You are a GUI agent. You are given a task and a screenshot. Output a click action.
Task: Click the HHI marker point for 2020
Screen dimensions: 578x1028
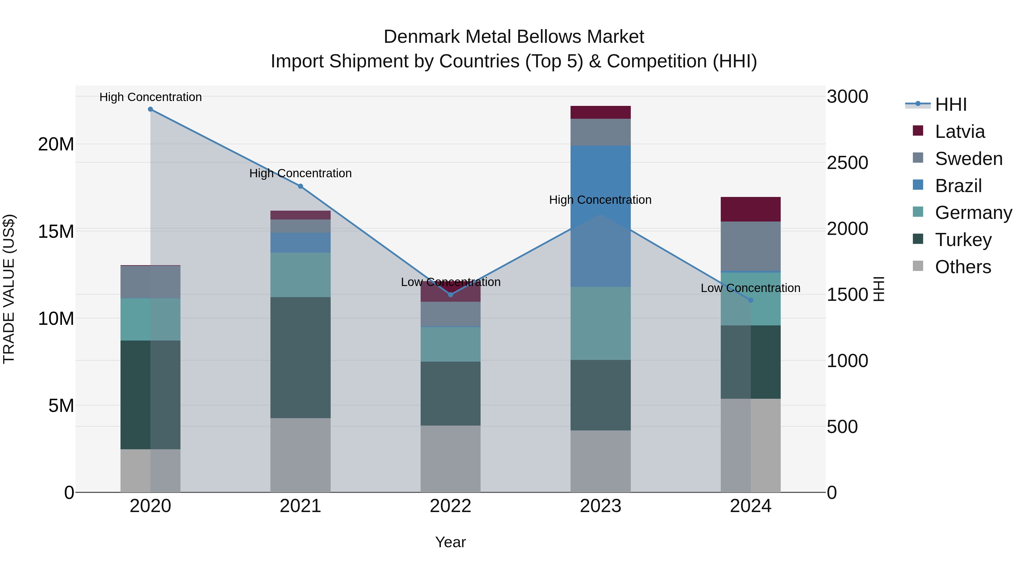click(x=150, y=109)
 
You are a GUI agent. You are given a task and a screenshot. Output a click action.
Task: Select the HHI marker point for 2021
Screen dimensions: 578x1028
click(x=300, y=186)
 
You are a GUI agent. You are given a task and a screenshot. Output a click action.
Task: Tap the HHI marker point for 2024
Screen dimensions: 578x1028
click(x=751, y=300)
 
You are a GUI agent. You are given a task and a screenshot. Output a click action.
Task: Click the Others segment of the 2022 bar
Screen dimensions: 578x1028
click(x=451, y=459)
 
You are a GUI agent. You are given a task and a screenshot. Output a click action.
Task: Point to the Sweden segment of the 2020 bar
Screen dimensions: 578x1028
click(x=150, y=282)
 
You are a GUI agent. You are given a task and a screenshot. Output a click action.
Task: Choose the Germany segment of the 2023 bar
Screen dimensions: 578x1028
click(x=601, y=323)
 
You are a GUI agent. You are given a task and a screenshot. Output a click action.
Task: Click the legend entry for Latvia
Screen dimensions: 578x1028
click(x=960, y=132)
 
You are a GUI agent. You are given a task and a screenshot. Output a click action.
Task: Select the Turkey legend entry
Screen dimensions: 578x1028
click(x=963, y=240)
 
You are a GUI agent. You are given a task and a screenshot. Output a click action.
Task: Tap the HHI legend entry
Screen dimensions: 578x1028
click(x=951, y=104)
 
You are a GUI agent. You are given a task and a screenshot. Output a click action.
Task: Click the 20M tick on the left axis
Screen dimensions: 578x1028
click(x=56, y=144)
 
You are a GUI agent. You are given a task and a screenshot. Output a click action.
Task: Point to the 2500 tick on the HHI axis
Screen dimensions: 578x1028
click(x=847, y=163)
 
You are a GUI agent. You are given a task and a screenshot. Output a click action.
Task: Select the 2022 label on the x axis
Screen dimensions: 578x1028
click(x=451, y=506)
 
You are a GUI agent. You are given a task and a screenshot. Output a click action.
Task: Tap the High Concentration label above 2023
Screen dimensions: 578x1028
click(x=600, y=200)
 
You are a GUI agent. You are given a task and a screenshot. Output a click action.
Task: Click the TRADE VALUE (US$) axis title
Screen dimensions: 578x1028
click(x=9, y=289)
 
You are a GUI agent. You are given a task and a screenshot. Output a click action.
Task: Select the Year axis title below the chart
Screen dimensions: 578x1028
click(x=451, y=542)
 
